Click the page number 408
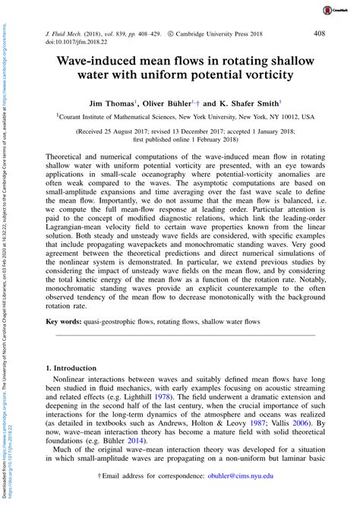321,34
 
